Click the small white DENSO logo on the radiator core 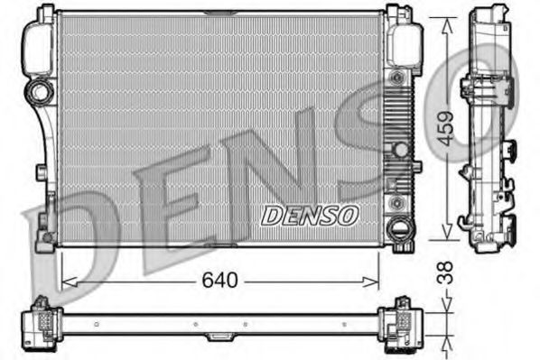pos(310,216)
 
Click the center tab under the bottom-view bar pos(219,337)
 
